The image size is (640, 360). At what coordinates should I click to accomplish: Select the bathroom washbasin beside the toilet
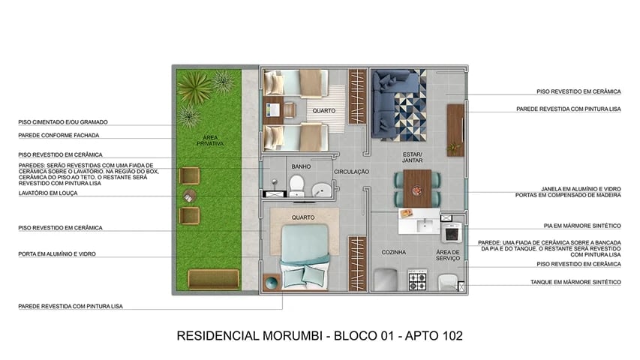click(x=323, y=189)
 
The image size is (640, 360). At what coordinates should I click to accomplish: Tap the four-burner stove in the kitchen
click(x=416, y=281)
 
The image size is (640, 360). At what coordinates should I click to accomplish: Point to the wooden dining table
click(x=417, y=187)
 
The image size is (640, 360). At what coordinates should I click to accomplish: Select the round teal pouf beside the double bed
click(x=271, y=283)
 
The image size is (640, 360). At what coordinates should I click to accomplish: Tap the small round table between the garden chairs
click(x=188, y=196)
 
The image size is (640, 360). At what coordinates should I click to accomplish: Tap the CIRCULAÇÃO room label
click(x=351, y=172)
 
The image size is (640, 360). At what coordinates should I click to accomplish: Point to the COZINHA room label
click(x=393, y=252)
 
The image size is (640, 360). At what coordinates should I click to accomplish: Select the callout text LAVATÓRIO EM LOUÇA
click(x=48, y=193)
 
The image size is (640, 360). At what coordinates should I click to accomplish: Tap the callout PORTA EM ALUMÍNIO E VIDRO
click(x=56, y=253)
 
